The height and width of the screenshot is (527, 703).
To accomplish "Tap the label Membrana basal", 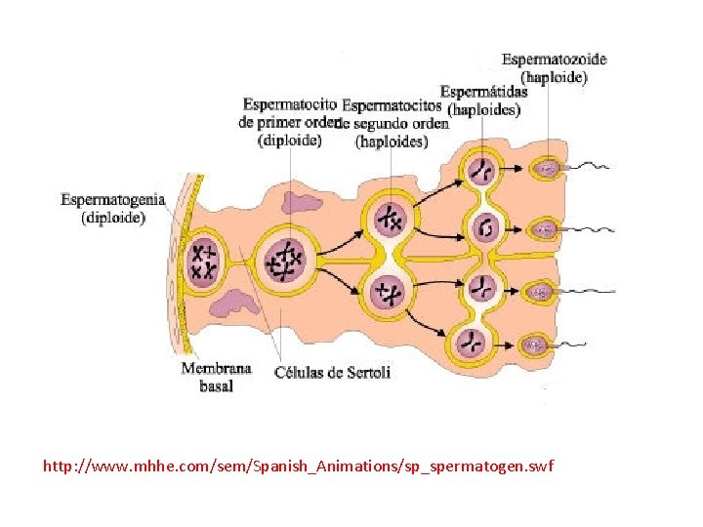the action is [216, 377].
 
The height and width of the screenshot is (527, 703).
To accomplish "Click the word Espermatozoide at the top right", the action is [554, 60].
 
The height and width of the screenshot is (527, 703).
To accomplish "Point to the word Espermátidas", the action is [483, 92].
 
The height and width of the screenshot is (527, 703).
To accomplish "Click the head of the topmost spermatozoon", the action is [547, 170].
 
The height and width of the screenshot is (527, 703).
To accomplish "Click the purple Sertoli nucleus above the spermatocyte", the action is [296, 202].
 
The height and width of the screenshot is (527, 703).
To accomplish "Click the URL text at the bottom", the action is [298, 466].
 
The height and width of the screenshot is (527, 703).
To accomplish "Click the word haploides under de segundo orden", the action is [392, 142].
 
